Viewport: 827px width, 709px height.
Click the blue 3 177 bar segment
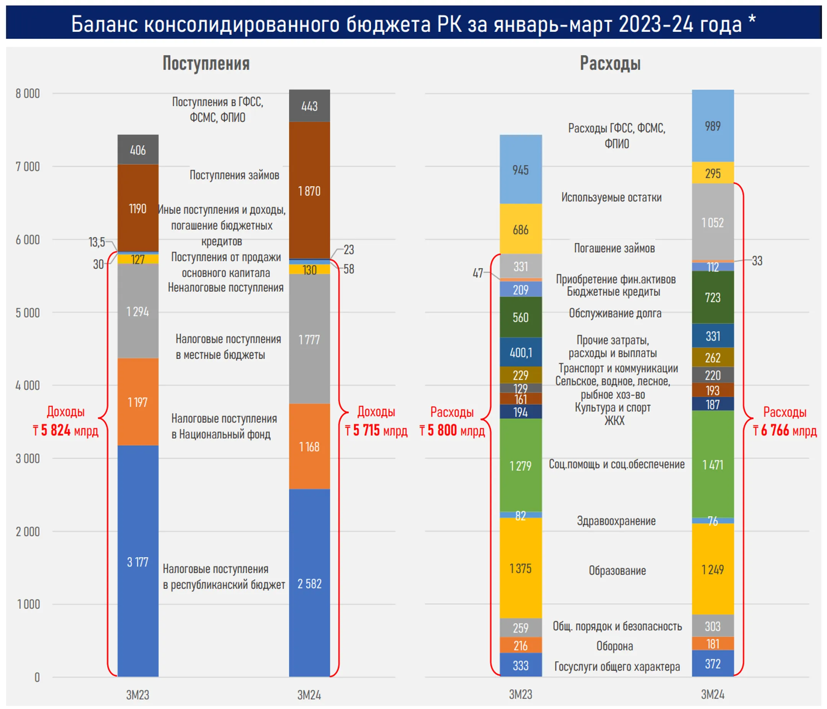138,561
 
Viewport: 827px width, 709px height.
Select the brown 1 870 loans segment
309,190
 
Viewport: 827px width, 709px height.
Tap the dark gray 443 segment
309,106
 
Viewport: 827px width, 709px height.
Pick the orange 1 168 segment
309,446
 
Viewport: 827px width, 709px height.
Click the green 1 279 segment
520,465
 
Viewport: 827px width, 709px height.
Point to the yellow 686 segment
520,229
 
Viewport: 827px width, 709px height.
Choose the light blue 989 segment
713,126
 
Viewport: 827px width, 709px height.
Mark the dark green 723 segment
713,297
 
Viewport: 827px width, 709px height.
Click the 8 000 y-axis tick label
28,93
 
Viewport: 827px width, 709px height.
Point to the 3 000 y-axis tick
28,458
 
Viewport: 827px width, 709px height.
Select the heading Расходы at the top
610,64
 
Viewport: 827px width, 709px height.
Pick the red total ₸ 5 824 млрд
65,431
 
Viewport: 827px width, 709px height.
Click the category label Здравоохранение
616,521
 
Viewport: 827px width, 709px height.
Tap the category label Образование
617,570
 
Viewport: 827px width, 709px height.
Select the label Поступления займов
234,175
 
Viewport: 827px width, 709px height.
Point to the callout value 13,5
96,242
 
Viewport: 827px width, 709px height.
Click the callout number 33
757,261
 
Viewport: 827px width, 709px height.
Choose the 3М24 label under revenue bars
309,695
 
